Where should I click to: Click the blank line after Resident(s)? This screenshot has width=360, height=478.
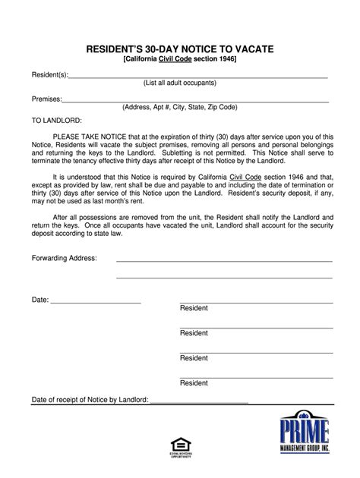click(197, 78)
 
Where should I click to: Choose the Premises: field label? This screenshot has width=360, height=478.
click(46, 99)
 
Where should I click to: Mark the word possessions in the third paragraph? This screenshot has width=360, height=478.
click(118, 215)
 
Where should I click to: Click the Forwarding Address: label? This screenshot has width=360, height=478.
click(64, 258)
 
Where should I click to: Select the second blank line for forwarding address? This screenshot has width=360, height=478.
click(224, 277)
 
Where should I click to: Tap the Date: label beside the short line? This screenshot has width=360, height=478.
click(39, 300)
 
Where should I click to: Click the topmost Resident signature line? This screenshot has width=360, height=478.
click(255, 302)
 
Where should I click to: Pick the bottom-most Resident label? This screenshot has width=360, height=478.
click(194, 382)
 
